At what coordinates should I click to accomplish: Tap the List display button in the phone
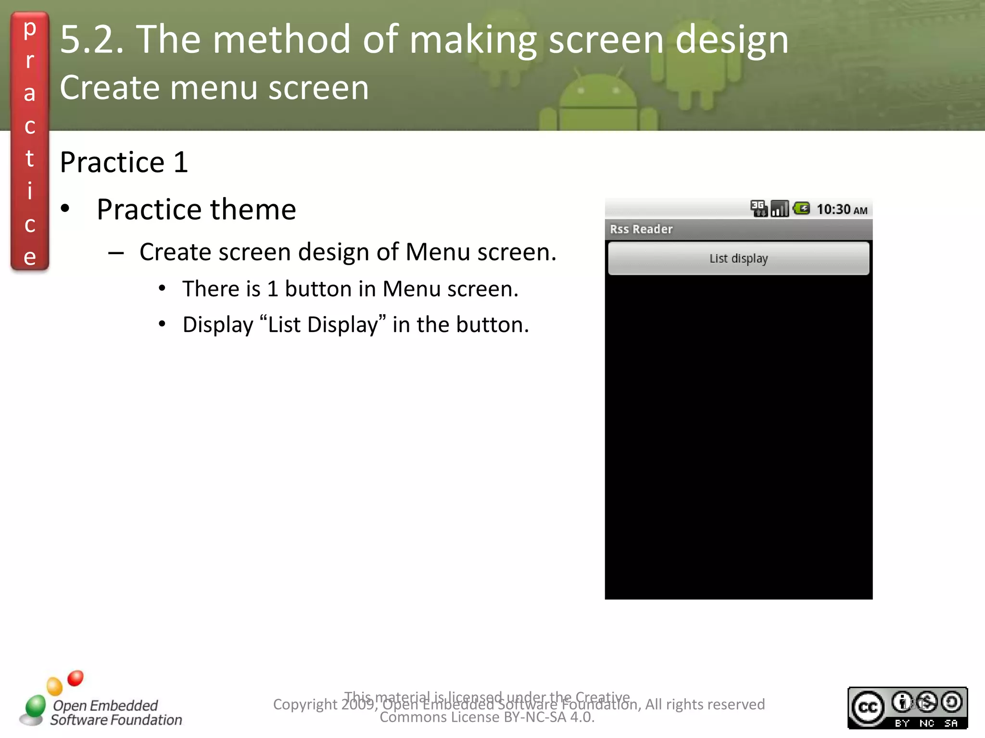[738, 258]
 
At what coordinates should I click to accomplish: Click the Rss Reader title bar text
[641, 229]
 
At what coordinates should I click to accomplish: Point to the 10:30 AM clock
[841, 209]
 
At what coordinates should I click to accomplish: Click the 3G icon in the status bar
[758, 209]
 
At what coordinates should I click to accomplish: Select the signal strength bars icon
[780, 209]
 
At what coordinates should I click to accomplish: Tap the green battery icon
[801, 209]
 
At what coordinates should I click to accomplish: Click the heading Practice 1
[124, 162]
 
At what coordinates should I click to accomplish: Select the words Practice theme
[196, 209]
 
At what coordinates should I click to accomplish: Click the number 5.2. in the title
[91, 39]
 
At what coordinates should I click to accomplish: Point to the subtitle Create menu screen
[214, 88]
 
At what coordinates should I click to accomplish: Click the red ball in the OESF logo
[76, 678]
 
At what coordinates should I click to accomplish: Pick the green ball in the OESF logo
[35, 705]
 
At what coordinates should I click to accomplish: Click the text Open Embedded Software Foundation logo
[116, 713]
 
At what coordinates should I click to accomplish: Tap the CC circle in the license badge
[868, 707]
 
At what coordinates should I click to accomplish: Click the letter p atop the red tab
[30, 29]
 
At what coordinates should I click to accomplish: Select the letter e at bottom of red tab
[30, 257]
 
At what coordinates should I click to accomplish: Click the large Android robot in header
[598, 103]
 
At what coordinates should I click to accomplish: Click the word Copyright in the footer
[305, 704]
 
